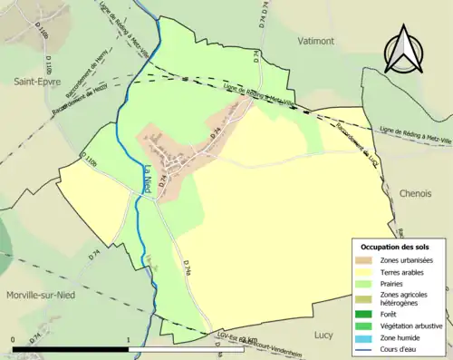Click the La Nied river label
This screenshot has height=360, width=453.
(147, 178)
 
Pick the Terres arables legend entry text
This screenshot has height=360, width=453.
(406, 272)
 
